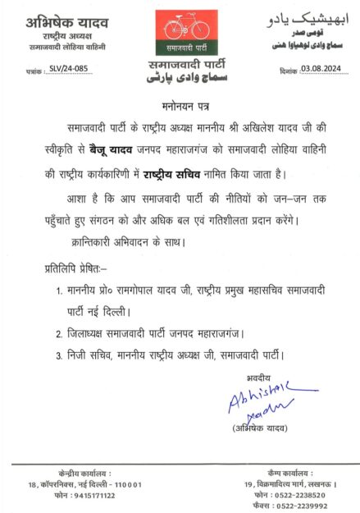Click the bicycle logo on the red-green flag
pos(180,31)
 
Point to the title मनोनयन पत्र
pos(180,107)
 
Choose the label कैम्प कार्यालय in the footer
pos(294,473)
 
